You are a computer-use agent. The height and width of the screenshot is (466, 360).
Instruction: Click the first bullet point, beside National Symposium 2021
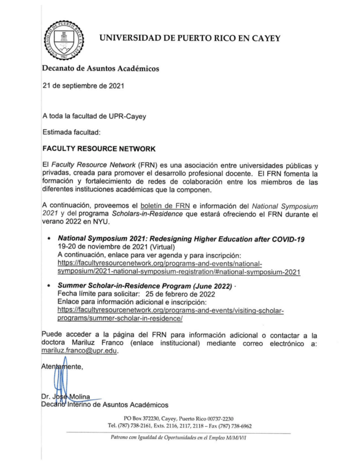tap(51, 238)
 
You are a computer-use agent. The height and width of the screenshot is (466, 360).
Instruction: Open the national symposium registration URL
tap(179, 267)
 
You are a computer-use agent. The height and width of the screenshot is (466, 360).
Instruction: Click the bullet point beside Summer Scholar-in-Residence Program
tap(51, 286)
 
